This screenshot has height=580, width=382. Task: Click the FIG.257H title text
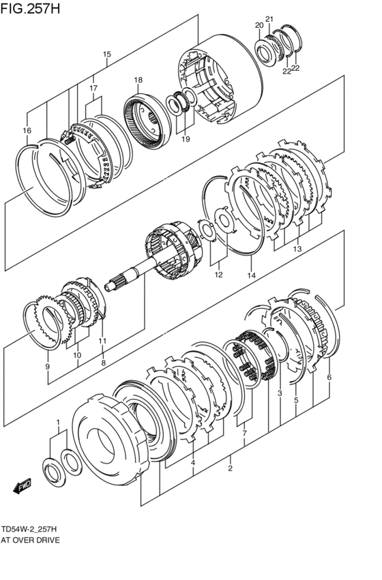(x=30, y=8)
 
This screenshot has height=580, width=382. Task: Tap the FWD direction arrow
(x=23, y=486)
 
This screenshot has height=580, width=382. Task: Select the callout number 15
(x=107, y=54)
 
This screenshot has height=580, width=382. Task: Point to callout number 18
(x=138, y=80)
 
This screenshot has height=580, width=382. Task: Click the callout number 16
(x=27, y=130)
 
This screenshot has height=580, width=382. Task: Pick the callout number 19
(x=186, y=139)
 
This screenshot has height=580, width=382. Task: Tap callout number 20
(x=259, y=25)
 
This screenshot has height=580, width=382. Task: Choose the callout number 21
(x=269, y=19)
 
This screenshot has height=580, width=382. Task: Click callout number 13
(x=297, y=249)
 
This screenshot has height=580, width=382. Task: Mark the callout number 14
(x=251, y=275)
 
